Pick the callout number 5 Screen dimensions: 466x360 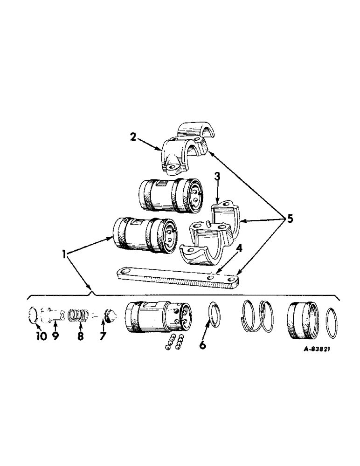click(291, 219)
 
